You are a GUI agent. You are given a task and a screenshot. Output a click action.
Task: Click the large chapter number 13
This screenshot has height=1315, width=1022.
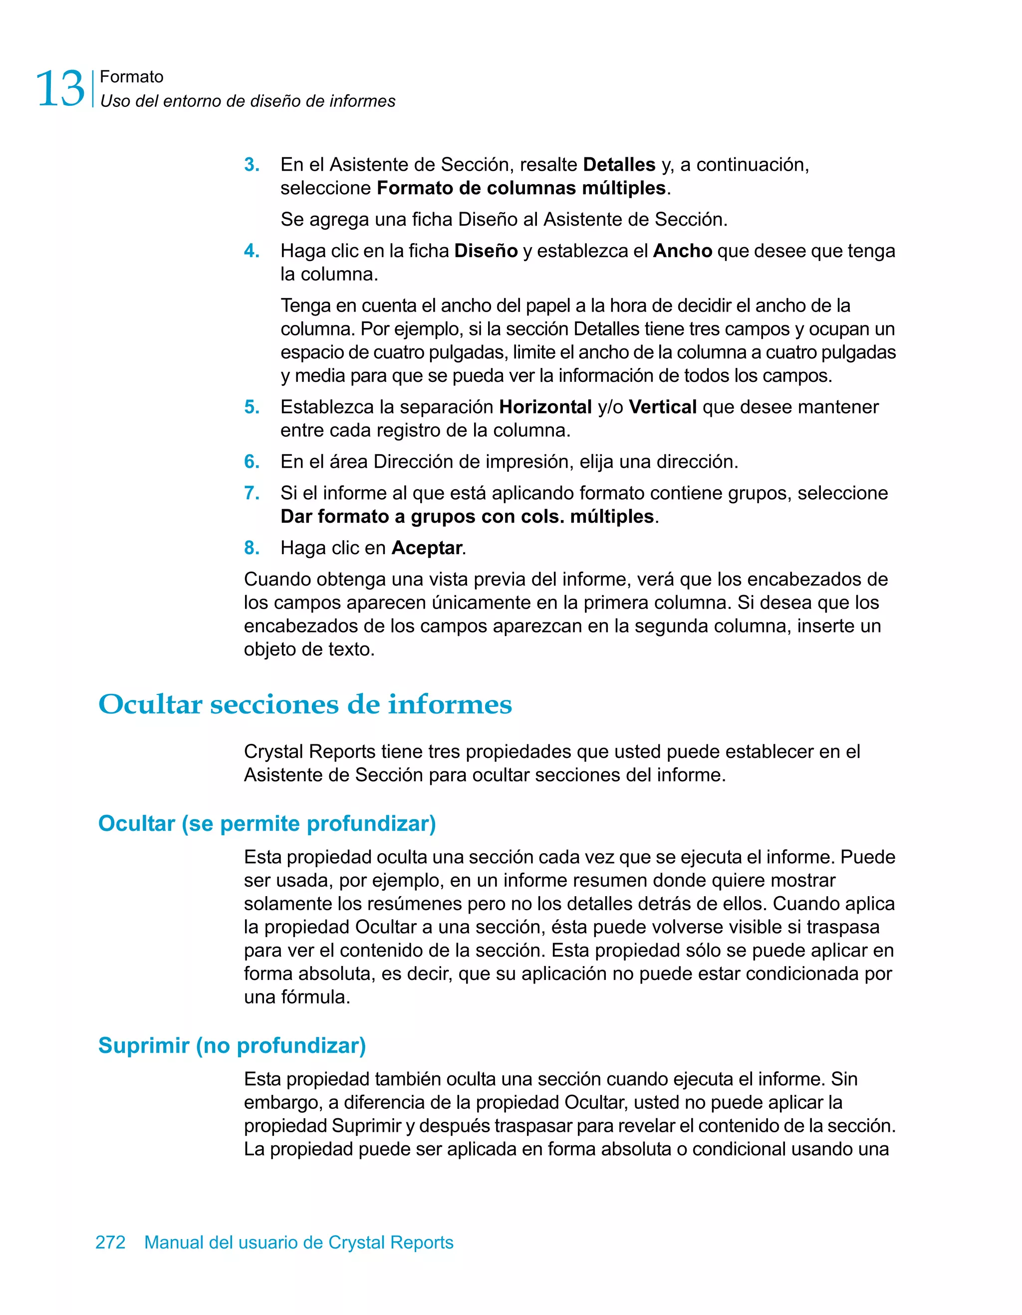point(60,88)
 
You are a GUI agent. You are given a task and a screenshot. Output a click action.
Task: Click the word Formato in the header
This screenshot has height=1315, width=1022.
point(131,77)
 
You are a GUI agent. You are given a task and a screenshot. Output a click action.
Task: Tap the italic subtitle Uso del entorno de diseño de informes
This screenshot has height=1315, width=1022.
point(248,101)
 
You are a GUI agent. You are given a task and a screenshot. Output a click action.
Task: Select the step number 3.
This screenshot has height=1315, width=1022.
point(252,165)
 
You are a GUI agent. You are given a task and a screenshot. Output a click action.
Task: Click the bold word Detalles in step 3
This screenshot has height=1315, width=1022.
point(619,165)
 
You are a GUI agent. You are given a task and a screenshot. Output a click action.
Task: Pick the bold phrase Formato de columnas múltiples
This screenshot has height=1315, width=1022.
point(520,188)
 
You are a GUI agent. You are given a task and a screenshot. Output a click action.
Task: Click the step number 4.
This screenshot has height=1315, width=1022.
point(252,251)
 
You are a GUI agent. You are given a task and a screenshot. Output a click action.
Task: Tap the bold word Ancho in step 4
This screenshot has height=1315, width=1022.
point(682,251)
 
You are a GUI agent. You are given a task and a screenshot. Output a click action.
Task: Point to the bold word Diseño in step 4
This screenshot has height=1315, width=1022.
point(485,251)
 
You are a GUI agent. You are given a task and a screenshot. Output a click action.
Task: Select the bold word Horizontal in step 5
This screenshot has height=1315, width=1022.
point(545,407)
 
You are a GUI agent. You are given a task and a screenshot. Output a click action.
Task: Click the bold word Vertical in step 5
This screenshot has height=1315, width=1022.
point(662,407)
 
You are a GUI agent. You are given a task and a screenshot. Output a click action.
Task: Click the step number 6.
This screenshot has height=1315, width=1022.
point(252,462)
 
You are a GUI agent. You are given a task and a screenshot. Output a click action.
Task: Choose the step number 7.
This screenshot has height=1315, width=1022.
point(252,494)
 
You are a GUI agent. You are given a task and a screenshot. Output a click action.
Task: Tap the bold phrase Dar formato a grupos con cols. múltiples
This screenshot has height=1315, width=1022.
point(467,517)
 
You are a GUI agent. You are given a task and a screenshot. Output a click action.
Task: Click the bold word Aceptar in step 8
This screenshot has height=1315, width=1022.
point(427,549)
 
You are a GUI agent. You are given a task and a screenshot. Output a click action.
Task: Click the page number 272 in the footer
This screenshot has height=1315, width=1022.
point(110,1243)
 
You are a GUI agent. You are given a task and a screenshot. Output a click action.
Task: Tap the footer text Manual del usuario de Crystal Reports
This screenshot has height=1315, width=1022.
point(298,1243)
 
